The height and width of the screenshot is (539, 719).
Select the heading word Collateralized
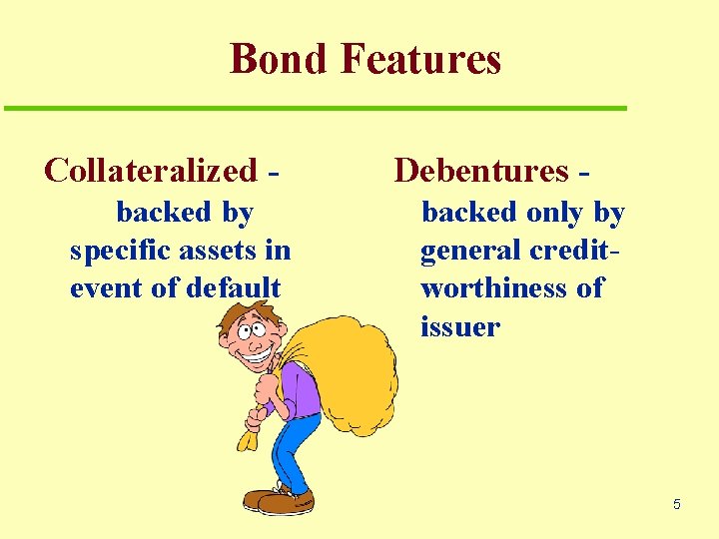coord(151,171)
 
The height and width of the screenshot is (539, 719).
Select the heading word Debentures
coord(481,171)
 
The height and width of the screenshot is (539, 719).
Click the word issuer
coord(460,326)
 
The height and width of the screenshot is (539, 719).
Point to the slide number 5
coord(676,504)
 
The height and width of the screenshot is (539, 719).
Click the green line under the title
coord(316,108)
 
